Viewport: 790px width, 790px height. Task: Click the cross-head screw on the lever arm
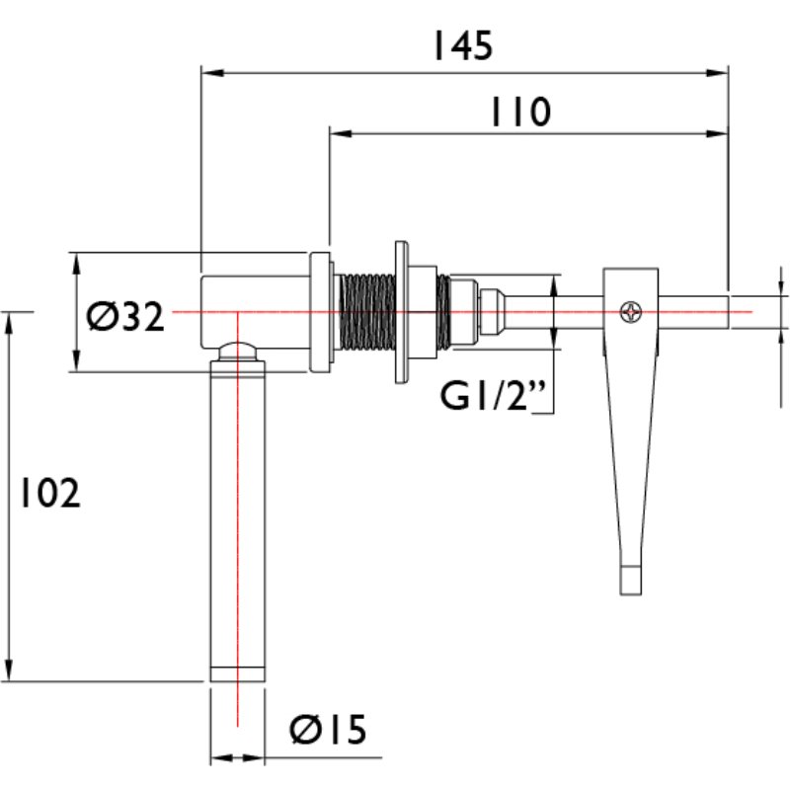tap(629, 311)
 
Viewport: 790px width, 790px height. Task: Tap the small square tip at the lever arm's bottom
tap(630, 581)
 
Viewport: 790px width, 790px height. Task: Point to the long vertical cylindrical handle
tap(238, 513)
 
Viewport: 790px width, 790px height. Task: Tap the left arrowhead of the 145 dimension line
tap(208, 72)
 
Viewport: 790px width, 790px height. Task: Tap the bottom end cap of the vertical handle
tap(238, 673)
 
